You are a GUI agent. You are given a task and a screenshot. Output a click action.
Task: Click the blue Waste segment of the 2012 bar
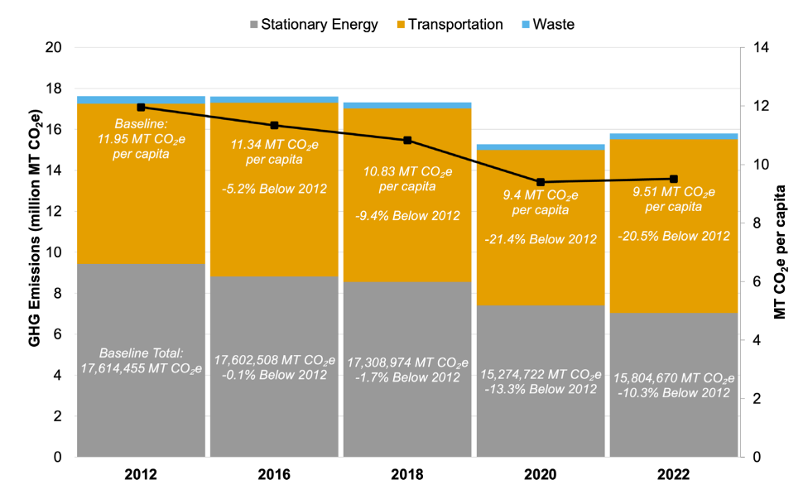click(x=141, y=100)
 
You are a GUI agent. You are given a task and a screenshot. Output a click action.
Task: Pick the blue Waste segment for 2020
click(x=540, y=147)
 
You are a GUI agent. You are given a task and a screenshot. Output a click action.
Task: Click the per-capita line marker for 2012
click(x=141, y=107)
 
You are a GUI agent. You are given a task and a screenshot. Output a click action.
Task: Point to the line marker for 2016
click(x=274, y=125)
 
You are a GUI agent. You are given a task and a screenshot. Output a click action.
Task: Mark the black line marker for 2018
click(x=407, y=140)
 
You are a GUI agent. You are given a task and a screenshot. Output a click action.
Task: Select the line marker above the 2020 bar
click(x=540, y=182)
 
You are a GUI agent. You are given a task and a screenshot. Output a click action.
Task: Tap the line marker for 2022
click(x=673, y=179)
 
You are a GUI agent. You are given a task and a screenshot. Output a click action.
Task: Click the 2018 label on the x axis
click(x=407, y=475)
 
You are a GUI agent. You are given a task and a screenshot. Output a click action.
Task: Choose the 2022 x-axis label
click(x=673, y=475)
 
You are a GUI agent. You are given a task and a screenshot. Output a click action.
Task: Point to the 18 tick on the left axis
click(x=54, y=89)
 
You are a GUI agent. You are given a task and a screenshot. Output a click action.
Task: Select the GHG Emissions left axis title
click(x=37, y=252)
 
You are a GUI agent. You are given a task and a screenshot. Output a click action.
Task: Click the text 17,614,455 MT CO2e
click(x=141, y=368)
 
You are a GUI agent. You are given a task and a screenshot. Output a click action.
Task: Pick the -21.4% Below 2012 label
click(x=540, y=239)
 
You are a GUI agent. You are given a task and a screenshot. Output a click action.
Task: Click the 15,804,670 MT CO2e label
click(x=673, y=377)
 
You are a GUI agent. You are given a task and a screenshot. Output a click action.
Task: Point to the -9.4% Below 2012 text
click(x=407, y=216)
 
